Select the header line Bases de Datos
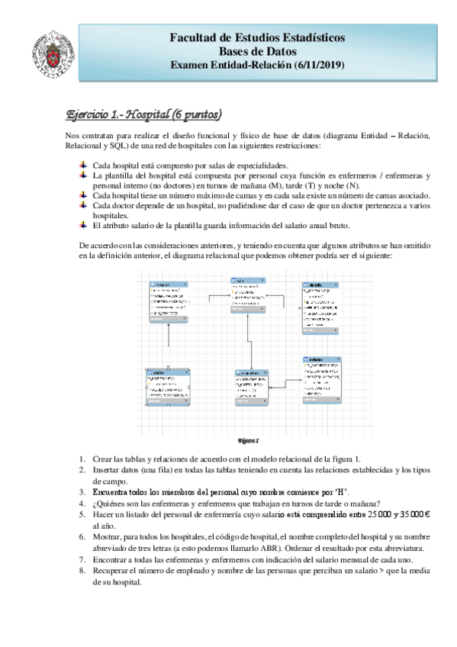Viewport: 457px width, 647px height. coord(256,51)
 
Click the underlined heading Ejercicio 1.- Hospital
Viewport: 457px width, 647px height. coord(122,114)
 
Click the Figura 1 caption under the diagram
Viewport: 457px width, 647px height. coord(249,440)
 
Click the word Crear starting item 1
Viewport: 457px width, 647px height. coord(102,459)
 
